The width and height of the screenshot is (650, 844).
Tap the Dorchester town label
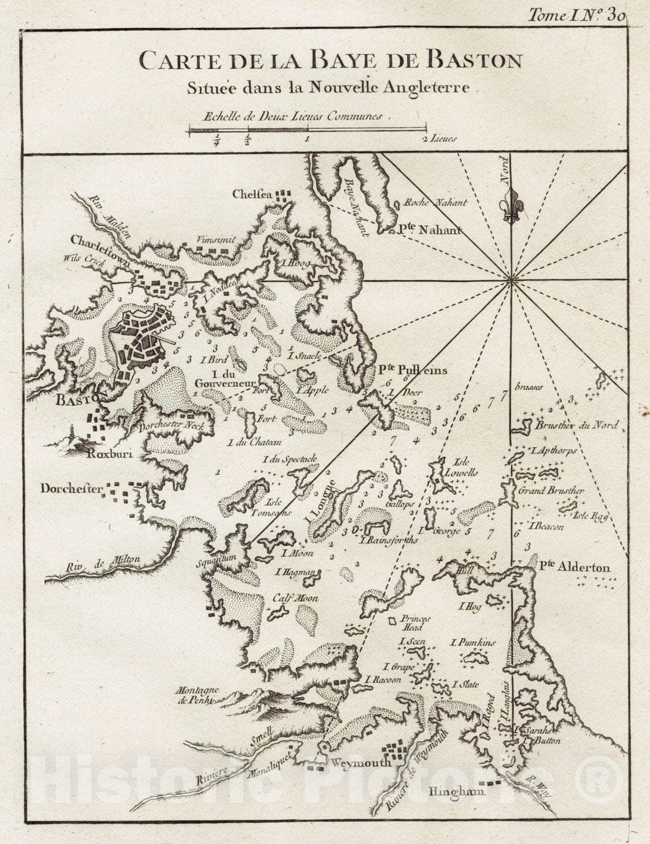click(x=72, y=488)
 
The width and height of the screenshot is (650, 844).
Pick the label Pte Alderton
click(x=575, y=568)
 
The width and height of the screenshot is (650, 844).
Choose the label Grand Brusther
click(x=550, y=491)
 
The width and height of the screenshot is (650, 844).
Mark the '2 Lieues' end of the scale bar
click(x=439, y=139)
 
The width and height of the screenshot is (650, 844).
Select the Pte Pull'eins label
click(x=412, y=370)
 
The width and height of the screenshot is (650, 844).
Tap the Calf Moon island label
click(x=295, y=599)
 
